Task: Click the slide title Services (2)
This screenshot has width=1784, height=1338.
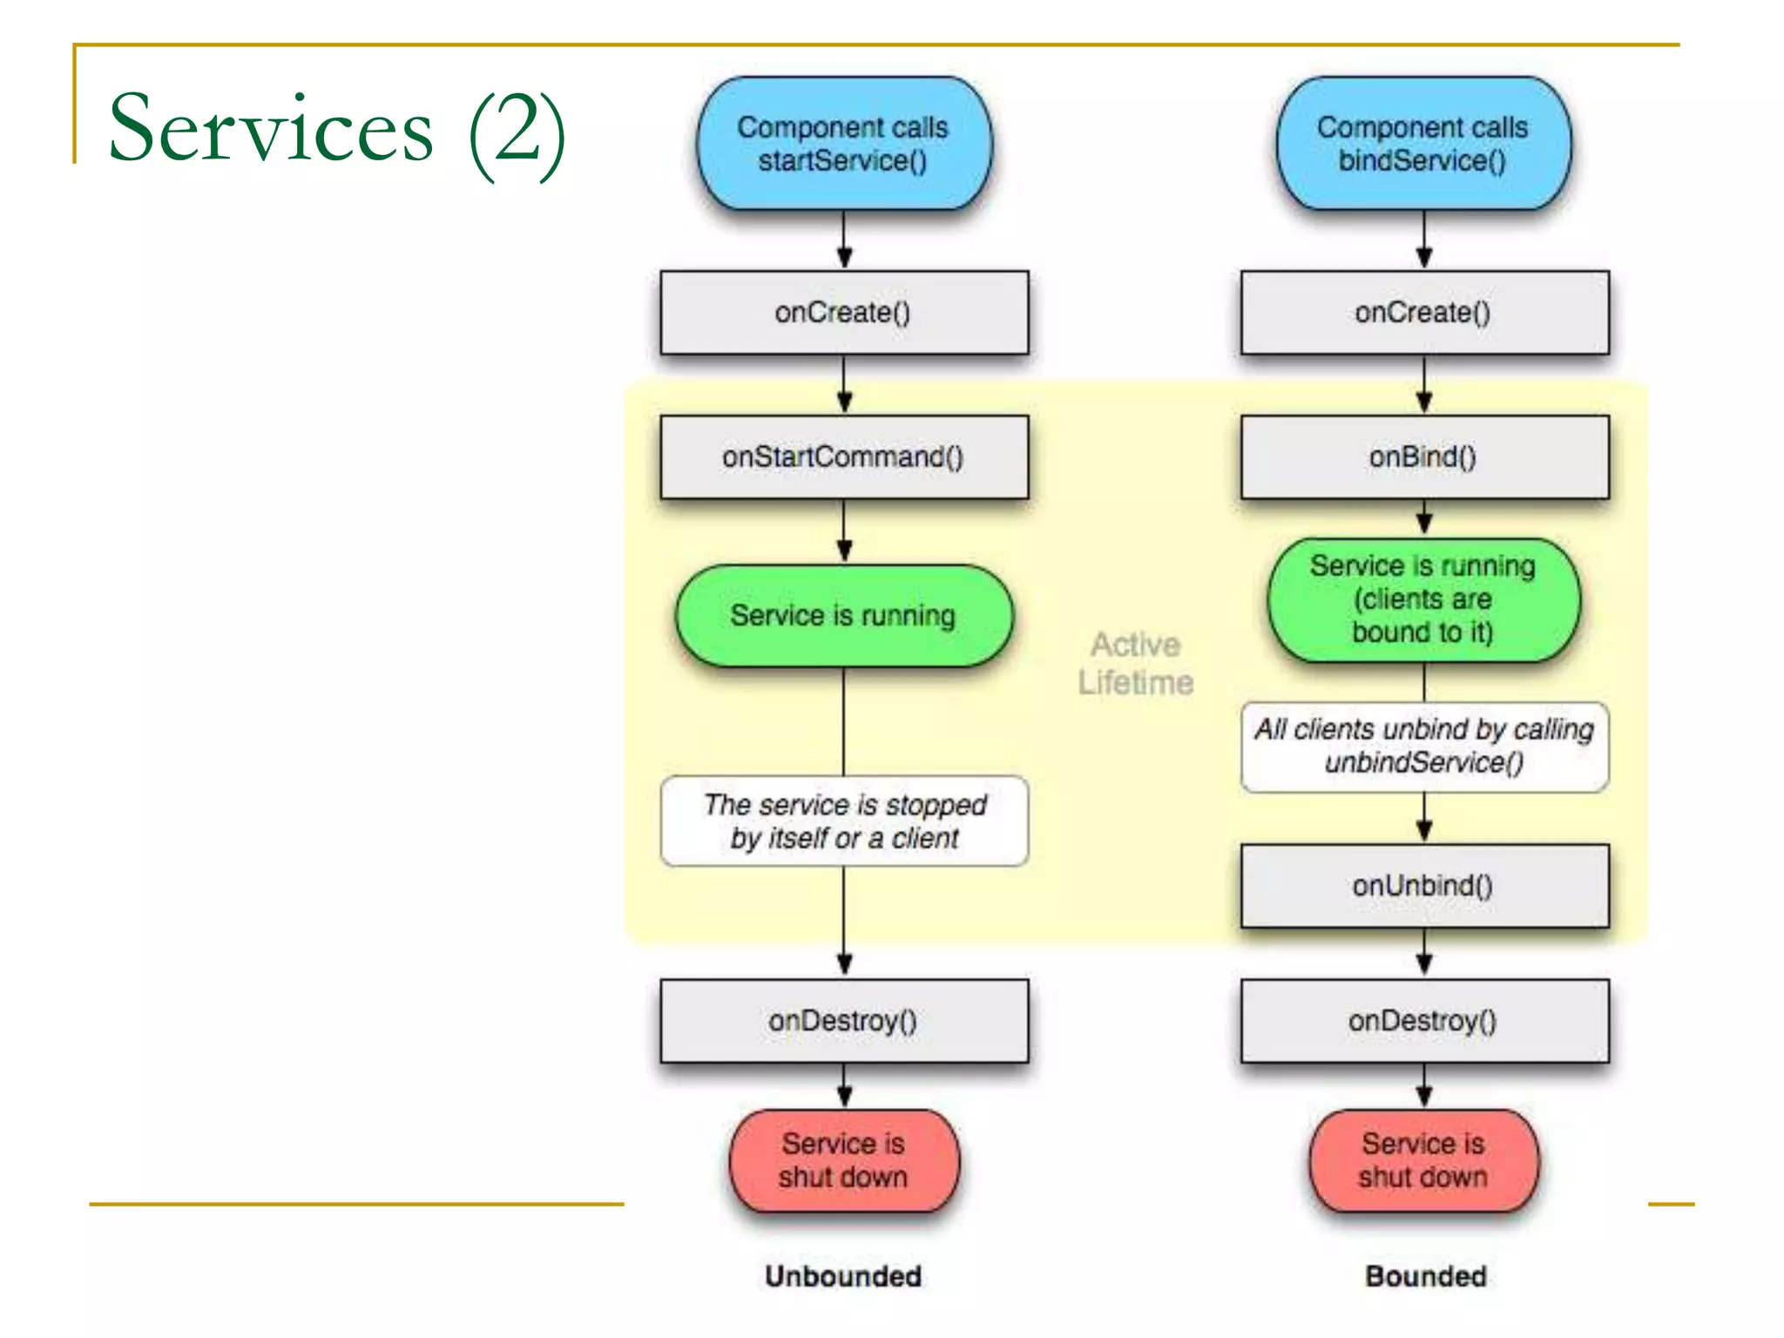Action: (x=336, y=131)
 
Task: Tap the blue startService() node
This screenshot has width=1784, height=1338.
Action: (x=843, y=144)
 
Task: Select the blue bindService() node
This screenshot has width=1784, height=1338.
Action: (x=1423, y=144)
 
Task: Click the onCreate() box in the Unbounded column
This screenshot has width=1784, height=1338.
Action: (x=843, y=313)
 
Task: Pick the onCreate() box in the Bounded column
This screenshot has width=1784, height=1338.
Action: (x=1423, y=313)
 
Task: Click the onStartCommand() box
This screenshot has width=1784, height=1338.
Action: (x=843, y=457)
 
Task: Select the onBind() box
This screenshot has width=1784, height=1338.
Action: (x=1423, y=457)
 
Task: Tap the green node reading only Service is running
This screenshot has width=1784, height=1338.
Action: (x=843, y=616)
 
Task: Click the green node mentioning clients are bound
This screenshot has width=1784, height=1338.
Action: (x=1423, y=599)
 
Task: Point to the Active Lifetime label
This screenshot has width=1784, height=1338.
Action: (x=1135, y=664)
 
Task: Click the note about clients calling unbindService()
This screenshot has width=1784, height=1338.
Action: (x=1423, y=747)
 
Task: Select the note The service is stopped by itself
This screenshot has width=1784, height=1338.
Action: (x=843, y=821)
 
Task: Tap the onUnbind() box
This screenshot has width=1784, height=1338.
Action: (x=1423, y=886)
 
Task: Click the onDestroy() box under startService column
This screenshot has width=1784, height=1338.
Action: (x=843, y=1021)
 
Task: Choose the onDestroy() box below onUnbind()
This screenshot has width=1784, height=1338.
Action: (x=1423, y=1021)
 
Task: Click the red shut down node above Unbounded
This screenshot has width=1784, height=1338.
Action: (x=843, y=1160)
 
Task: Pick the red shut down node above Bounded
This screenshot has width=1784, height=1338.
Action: (x=1423, y=1160)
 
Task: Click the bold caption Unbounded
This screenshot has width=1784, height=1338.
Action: (x=843, y=1276)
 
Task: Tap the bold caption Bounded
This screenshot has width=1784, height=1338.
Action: (x=1425, y=1276)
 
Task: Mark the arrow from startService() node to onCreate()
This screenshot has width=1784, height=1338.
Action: (x=843, y=240)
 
